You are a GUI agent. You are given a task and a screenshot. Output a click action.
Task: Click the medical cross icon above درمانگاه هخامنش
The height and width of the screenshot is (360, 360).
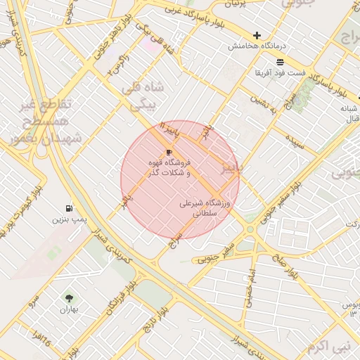[257, 35]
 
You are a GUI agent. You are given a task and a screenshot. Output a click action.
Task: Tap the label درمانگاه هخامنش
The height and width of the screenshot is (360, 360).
[257, 46]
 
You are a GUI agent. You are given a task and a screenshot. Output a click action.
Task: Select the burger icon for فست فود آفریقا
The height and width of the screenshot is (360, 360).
[280, 62]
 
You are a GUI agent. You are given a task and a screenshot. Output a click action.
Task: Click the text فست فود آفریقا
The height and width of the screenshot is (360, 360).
[280, 72]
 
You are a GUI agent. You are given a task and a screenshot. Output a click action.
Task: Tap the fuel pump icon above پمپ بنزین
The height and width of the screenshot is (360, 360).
[68, 208]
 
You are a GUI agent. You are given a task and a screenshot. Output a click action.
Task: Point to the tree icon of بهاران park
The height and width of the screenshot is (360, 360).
[68, 298]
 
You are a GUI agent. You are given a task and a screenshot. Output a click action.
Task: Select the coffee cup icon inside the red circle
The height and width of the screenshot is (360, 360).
[169, 152]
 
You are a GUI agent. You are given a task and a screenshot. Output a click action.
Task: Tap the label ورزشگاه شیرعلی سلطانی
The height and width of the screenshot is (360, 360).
[205, 207]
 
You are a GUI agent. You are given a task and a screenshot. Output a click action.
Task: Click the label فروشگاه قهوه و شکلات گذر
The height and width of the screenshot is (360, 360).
[171, 167]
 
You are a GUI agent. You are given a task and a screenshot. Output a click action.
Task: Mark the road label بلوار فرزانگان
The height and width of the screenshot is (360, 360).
[117, 299]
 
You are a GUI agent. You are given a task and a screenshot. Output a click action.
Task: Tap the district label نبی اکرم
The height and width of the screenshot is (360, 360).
[327, 346]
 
